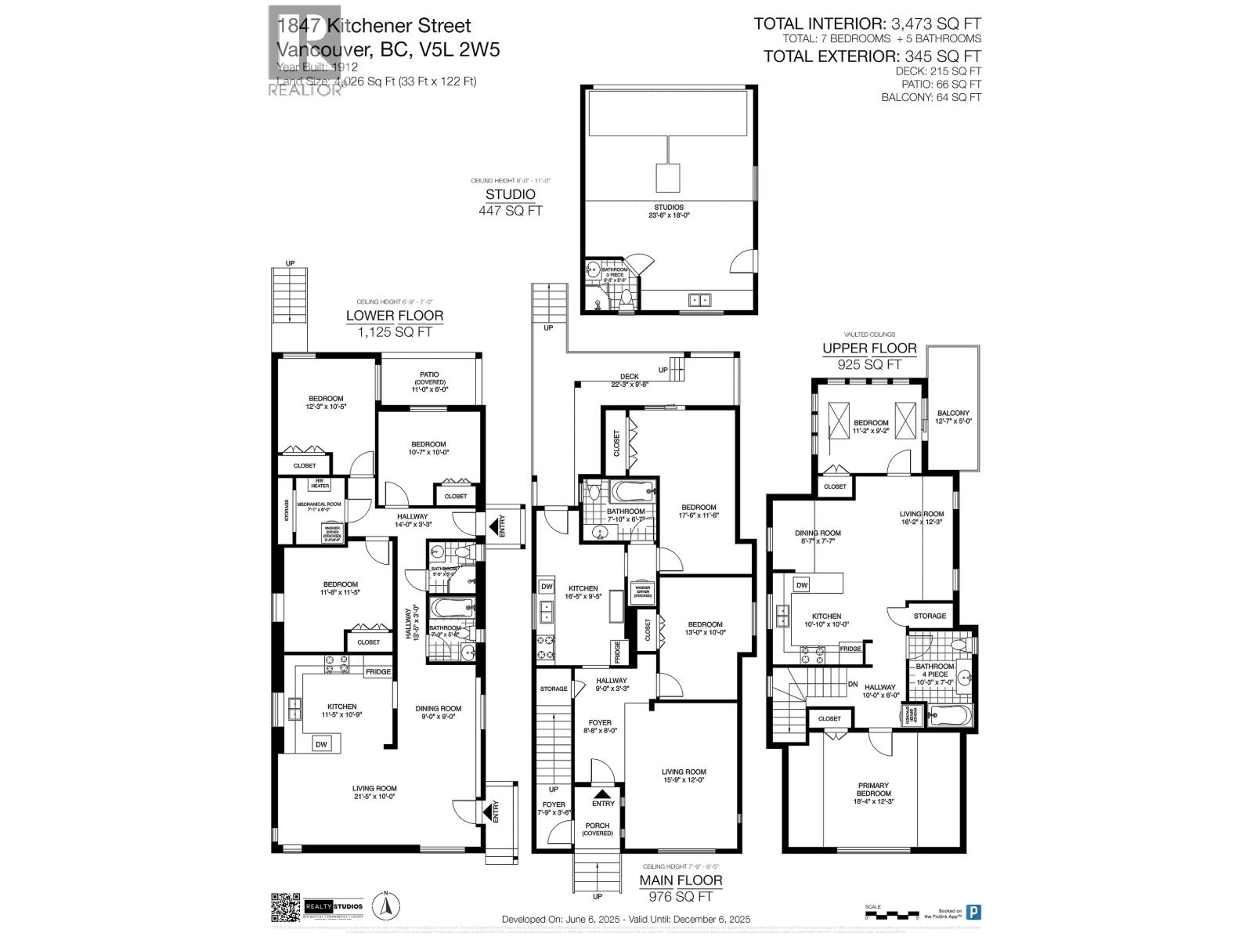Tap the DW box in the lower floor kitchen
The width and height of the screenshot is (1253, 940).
pyautogui.click(x=321, y=744)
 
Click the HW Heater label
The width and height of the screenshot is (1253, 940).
pyautogui.click(x=320, y=484)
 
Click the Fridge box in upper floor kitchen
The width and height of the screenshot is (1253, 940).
pyautogui.click(x=850, y=649)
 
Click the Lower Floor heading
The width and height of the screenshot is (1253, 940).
pyautogui.click(x=395, y=316)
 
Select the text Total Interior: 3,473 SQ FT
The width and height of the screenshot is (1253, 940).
pyautogui.click(x=867, y=24)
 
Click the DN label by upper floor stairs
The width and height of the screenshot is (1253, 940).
pyautogui.click(x=853, y=683)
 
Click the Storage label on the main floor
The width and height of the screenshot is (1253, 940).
pyautogui.click(x=554, y=689)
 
